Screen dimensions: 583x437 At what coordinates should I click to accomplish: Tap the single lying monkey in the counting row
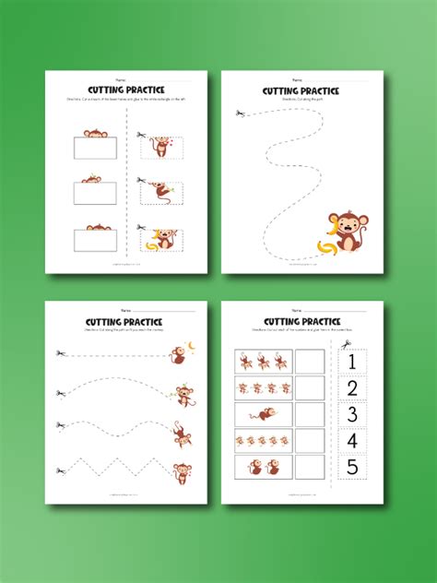(x=265, y=415)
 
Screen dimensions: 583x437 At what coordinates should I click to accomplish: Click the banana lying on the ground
(x=325, y=246)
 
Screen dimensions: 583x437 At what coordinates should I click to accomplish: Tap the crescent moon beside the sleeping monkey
(x=192, y=345)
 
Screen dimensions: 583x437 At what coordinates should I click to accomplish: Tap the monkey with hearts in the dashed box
(x=160, y=148)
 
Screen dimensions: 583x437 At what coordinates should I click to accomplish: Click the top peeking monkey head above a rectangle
(x=95, y=135)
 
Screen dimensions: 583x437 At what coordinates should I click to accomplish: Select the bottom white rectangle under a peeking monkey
(x=95, y=240)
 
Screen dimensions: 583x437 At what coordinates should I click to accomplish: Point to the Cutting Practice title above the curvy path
(x=300, y=91)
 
